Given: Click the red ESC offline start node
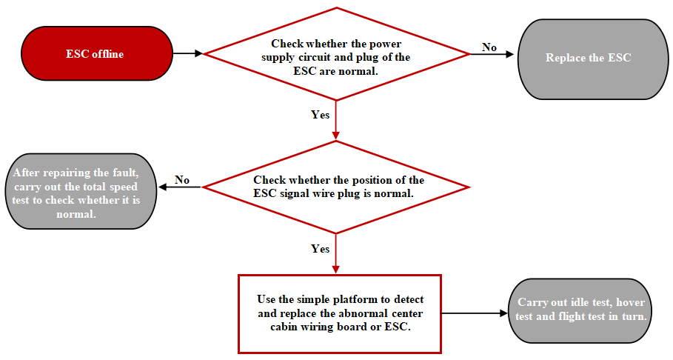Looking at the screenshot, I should click(94, 54).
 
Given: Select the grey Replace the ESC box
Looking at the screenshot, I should click(588, 58).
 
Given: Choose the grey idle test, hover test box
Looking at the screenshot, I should click(581, 310).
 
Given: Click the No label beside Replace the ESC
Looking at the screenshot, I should click(489, 47).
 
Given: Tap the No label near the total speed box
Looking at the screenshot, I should click(181, 180).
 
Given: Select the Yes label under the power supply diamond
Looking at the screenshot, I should click(320, 115).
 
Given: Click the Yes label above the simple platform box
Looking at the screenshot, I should click(320, 249).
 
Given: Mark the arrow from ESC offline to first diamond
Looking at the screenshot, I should click(187, 53).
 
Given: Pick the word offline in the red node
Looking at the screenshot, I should click(107, 54).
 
